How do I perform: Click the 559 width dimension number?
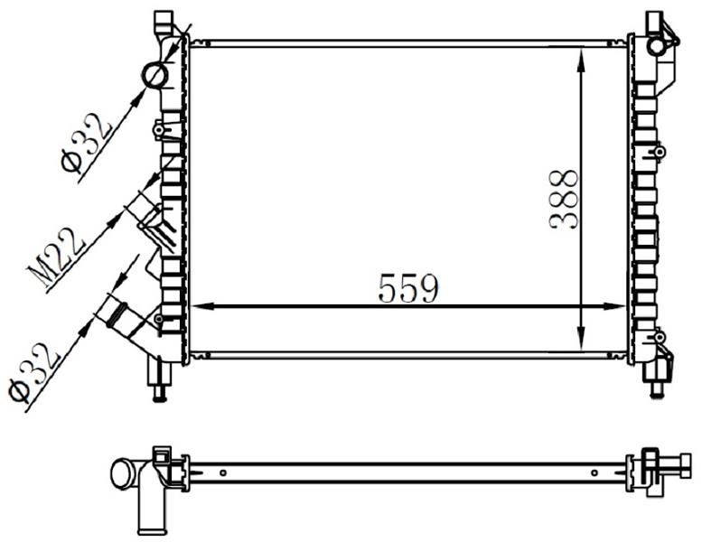(408, 288)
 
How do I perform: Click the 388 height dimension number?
(564, 200)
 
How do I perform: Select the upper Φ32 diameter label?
(87, 144)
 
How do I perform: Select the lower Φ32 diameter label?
(34, 372)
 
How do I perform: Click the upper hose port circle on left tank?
(155, 76)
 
